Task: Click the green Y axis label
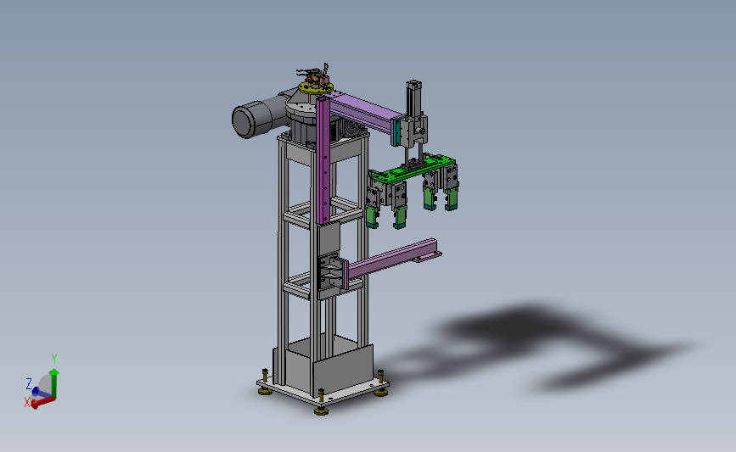(x=54, y=359)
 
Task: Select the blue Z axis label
(x=29, y=384)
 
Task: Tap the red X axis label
(x=27, y=402)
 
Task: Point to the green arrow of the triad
(x=54, y=383)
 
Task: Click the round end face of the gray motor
(x=243, y=121)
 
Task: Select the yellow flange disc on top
(x=316, y=87)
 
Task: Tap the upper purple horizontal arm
(x=362, y=111)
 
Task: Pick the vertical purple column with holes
(x=323, y=160)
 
